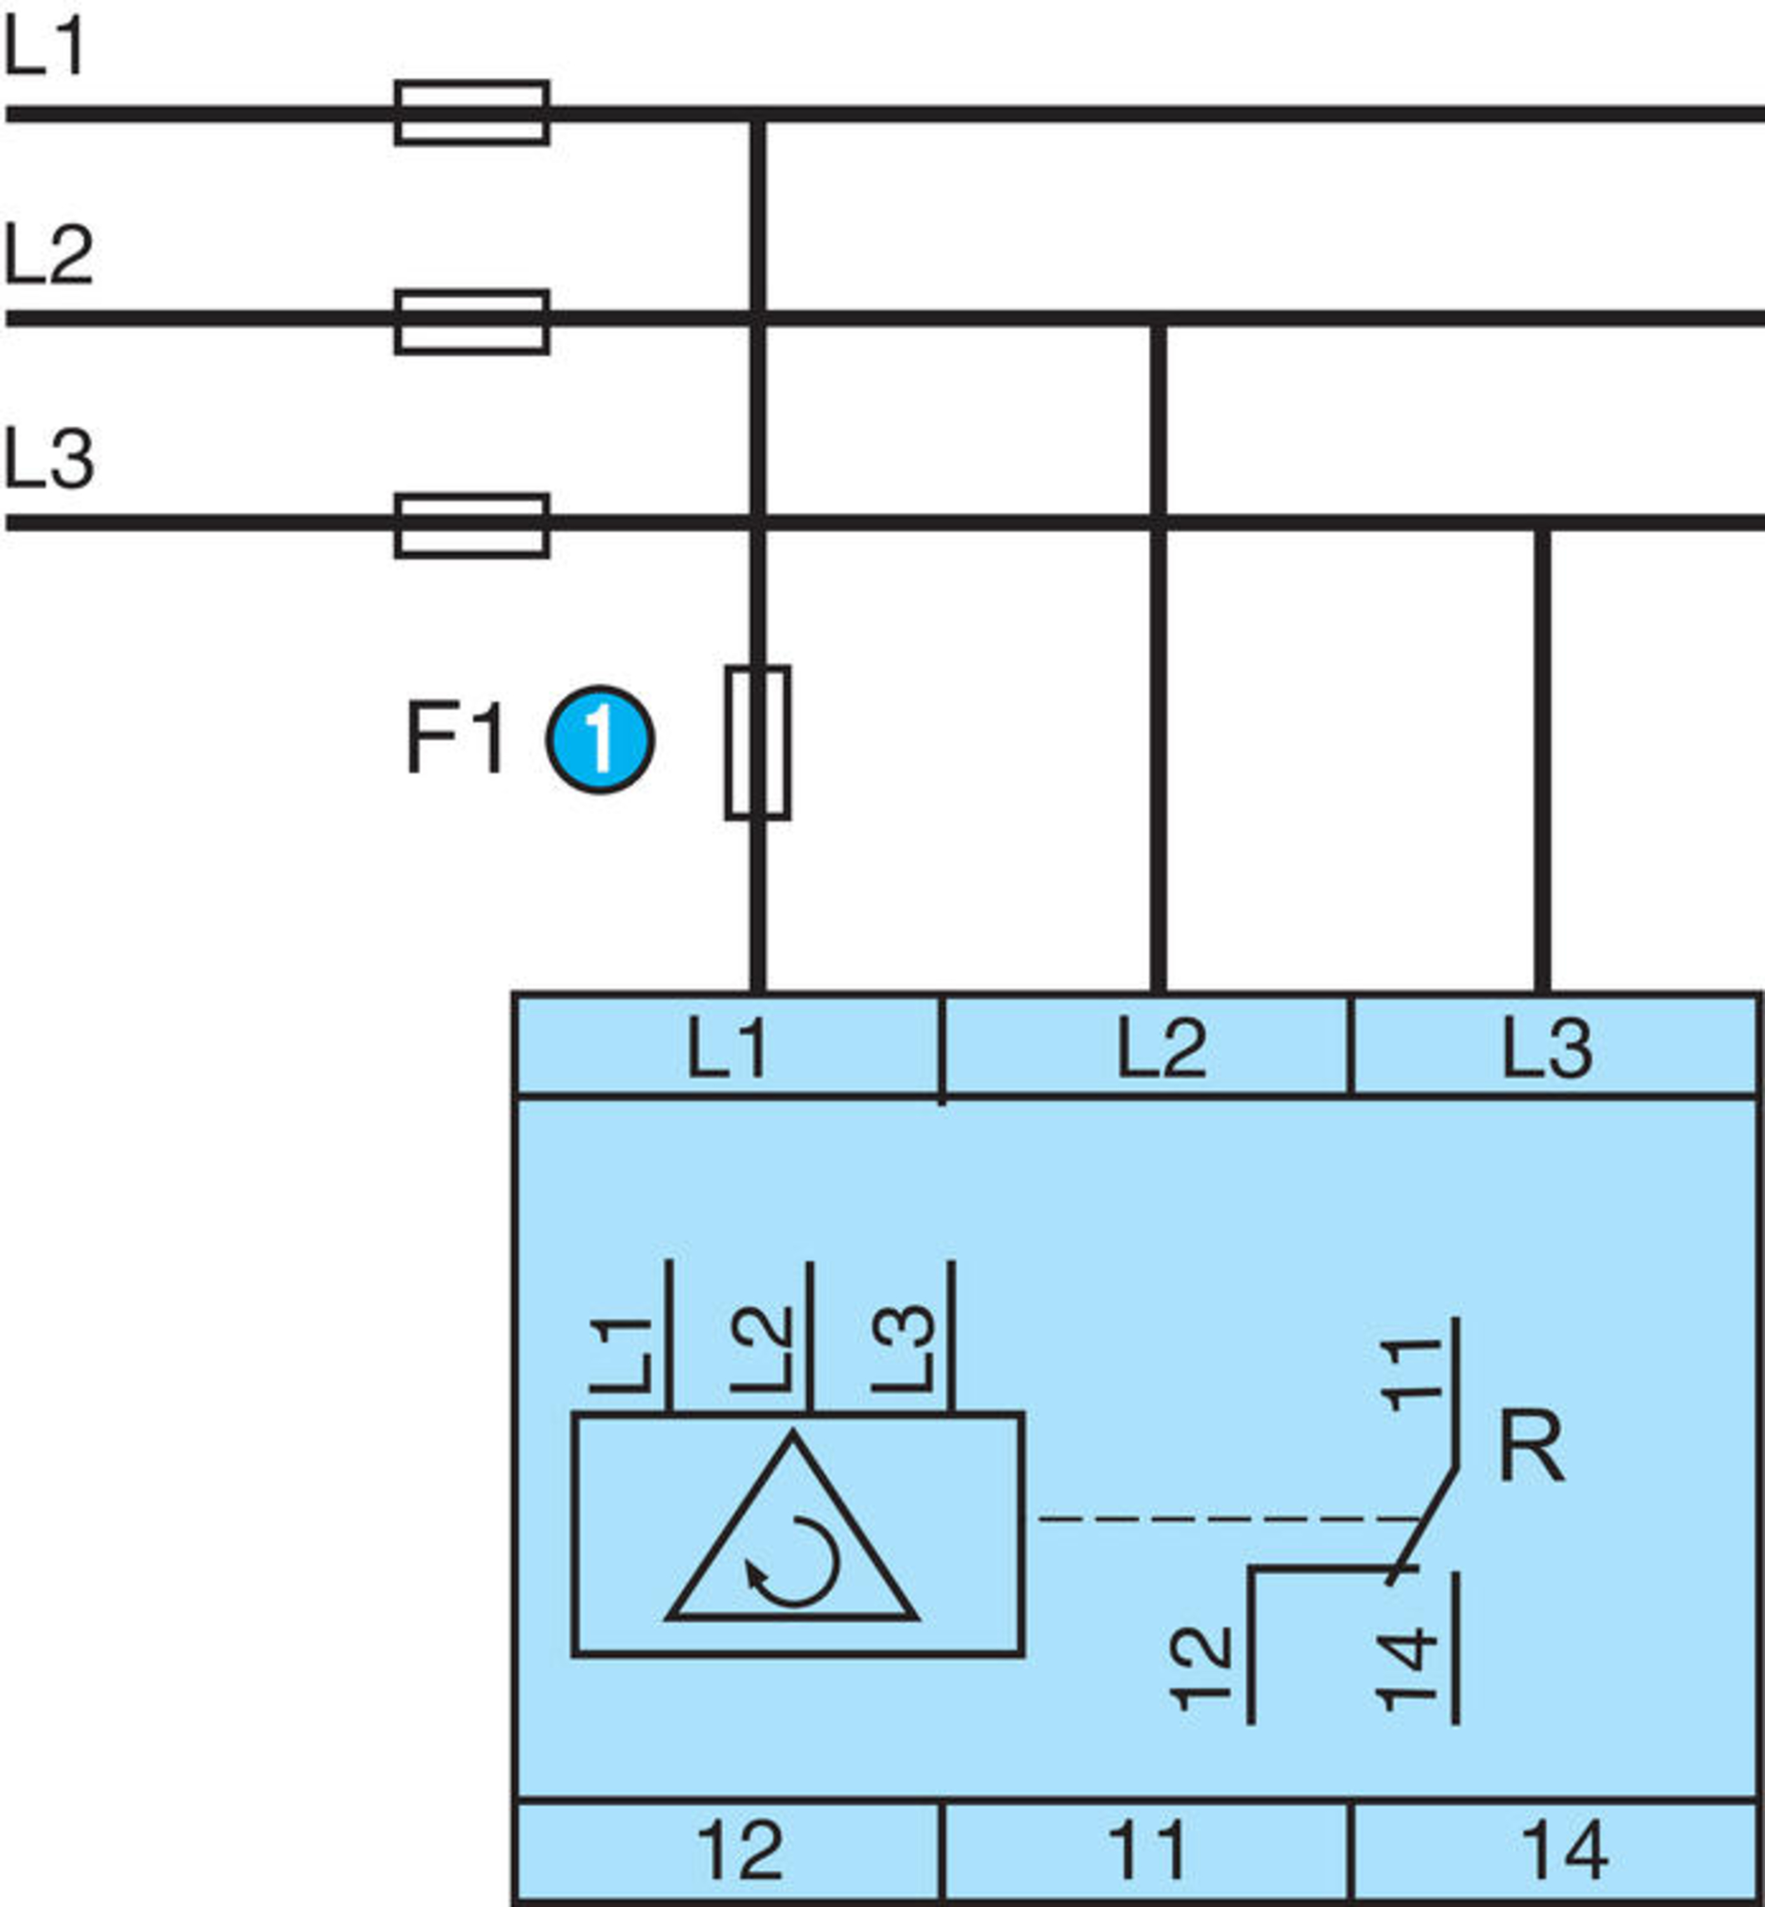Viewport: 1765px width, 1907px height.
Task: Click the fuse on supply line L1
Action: click(472, 113)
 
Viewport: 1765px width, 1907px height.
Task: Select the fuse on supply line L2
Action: click(472, 321)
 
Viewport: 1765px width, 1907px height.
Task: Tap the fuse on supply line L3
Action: click(472, 525)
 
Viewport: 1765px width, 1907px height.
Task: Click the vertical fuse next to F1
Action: click(757, 742)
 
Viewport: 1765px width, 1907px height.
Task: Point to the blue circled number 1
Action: click(600, 740)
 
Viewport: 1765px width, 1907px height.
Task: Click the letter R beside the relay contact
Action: click(1531, 1447)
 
